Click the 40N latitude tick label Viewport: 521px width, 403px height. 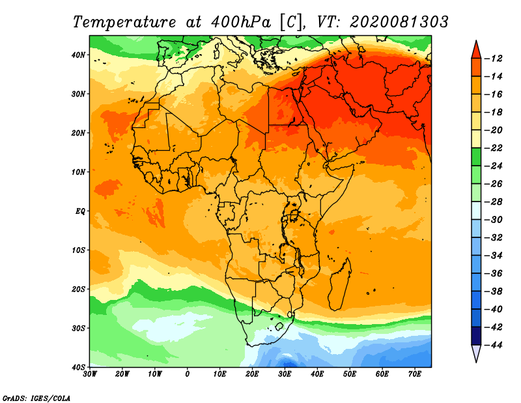tap(78, 55)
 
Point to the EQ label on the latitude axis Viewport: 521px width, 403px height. tap(80, 211)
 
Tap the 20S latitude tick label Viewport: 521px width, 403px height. tap(78, 289)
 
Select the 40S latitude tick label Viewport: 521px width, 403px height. tap(78, 367)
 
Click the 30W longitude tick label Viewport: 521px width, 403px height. tap(90, 374)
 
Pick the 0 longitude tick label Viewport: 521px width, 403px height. tap(188, 374)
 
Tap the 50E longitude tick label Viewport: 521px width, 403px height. tap(350, 374)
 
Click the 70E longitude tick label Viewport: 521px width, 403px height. tap(414, 374)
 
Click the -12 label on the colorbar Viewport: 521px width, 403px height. tap(494, 59)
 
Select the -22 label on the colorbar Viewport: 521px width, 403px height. tap(494, 148)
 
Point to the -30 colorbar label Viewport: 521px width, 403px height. tap(494, 220)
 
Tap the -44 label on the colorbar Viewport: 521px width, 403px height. tap(494, 345)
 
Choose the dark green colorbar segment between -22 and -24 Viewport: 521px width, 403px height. tap(476, 157)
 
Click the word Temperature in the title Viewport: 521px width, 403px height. tap(124, 22)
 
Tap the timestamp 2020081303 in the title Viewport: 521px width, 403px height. tap(399, 22)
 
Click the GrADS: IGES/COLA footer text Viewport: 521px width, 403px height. tap(36, 398)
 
